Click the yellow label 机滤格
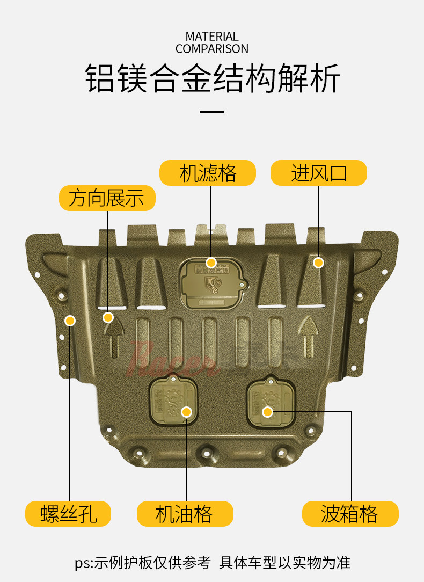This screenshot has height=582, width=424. [x=208, y=173]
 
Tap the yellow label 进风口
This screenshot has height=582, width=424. [x=319, y=173]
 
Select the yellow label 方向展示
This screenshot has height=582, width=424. [x=107, y=198]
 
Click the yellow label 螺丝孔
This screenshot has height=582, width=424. [x=68, y=514]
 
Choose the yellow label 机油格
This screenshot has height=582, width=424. [x=185, y=514]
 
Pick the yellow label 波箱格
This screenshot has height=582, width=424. [x=350, y=514]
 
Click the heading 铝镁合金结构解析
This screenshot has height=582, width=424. [x=213, y=79]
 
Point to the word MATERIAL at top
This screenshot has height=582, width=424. [x=212, y=37]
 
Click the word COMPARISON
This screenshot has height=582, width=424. [x=212, y=49]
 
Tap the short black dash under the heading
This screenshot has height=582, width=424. [x=212, y=111]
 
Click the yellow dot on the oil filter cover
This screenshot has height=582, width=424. [x=211, y=263]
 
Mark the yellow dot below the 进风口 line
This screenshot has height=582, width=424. [x=318, y=263]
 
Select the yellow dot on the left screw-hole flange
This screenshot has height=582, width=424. [x=70, y=321]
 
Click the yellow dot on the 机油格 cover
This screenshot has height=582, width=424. [x=186, y=412]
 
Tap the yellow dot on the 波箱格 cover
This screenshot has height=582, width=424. [x=267, y=412]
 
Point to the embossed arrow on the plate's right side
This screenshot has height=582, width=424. [x=308, y=335]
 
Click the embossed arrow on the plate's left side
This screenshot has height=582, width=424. [x=114, y=338]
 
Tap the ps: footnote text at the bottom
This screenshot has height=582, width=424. [x=212, y=562]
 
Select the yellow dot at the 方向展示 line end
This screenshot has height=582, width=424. [x=108, y=317]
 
